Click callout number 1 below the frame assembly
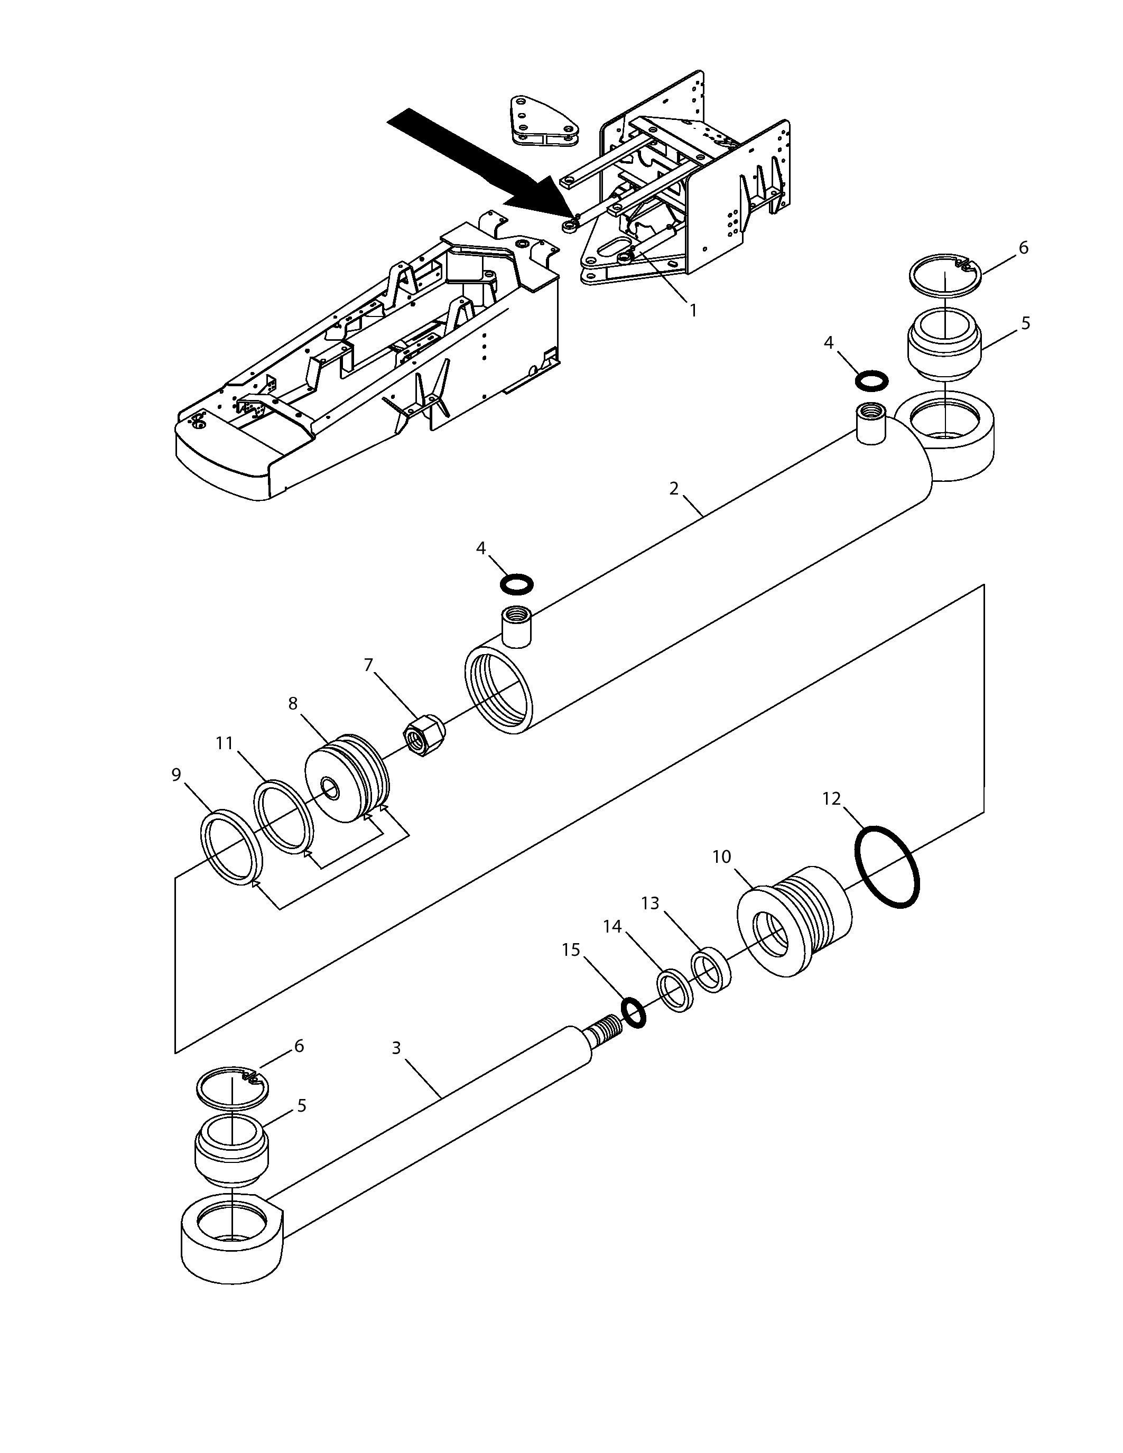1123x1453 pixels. tap(693, 310)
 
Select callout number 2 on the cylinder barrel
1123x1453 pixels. tap(674, 489)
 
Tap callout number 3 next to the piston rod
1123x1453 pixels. tap(396, 1048)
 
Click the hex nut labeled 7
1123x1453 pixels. tap(425, 734)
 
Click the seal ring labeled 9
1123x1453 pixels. tap(232, 847)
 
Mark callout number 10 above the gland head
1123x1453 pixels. tap(722, 857)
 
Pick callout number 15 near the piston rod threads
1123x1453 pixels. tap(571, 949)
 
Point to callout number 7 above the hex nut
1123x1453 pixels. tap(368, 665)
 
